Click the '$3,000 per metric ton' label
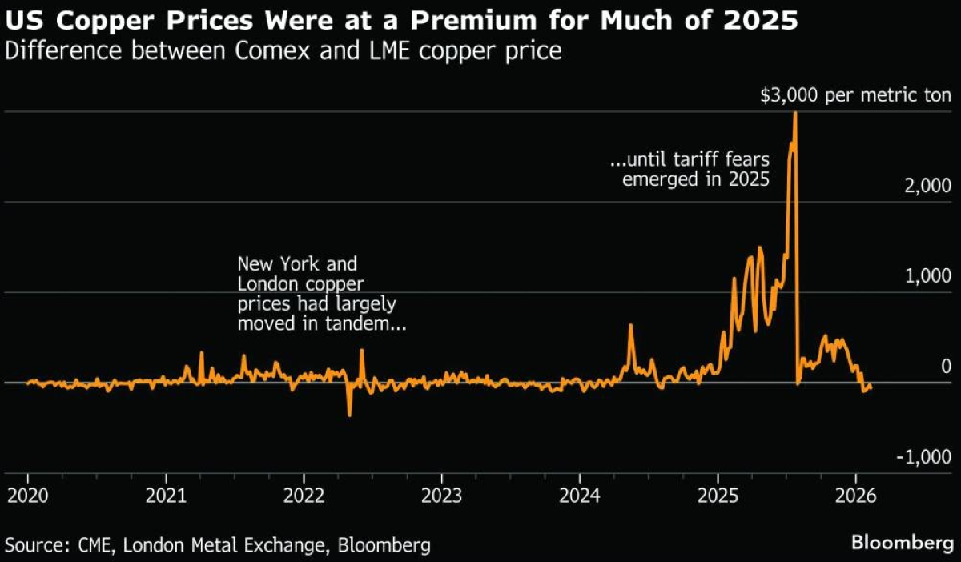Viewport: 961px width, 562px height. [855, 96]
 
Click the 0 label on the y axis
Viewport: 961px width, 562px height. [946, 366]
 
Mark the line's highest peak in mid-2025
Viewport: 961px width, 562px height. [794, 113]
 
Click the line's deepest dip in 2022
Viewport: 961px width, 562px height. [349, 415]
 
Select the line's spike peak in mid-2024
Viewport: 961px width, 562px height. [630, 325]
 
